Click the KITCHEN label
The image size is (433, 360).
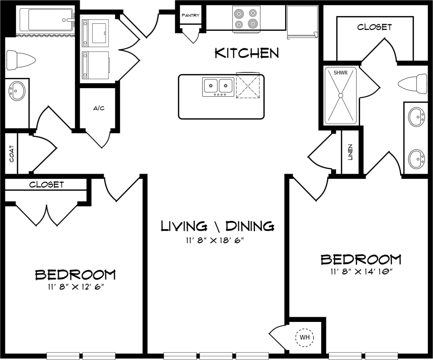(246, 53)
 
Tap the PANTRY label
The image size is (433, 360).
(191, 15)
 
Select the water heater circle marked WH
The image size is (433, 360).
(305, 337)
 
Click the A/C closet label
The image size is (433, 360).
(99, 108)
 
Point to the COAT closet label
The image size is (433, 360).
(11, 154)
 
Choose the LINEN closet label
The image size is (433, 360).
(350, 153)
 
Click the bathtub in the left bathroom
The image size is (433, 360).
(46, 20)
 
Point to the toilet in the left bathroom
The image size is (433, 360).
(20, 60)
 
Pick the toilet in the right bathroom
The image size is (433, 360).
(413, 84)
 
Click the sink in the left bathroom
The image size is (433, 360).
(16, 91)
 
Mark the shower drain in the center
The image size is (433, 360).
(340, 95)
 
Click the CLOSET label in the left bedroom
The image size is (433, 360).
(46, 185)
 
